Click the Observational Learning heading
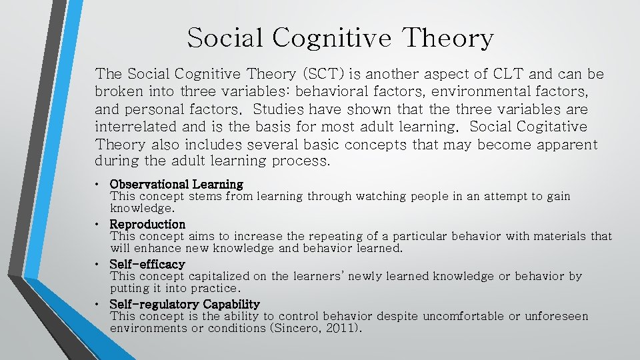pyautogui.click(x=176, y=183)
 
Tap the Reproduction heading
pyautogui.click(x=147, y=224)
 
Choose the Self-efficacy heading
pyautogui.click(x=147, y=264)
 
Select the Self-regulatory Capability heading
pyautogui.click(x=185, y=304)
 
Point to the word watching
pyautogui.click(x=382, y=196)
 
